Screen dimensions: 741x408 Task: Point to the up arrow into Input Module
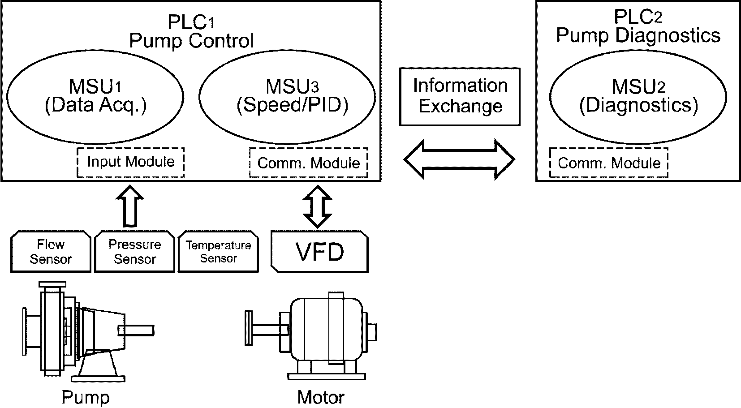pyautogui.click(x=129, y=206)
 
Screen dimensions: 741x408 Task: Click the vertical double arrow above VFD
pyautogui.click(x=317, y=206)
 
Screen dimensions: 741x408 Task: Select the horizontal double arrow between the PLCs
pyautogui.click(x=459, y=159)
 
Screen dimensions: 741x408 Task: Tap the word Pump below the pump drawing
pyautogui.click(x=86, y=397)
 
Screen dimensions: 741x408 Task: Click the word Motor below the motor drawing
pyautogui.click(x=321, y=397)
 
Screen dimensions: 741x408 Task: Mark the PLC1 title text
pyautogui.click(x=191, y=22)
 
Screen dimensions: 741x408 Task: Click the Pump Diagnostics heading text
pyautogui.click(x=638, y=35)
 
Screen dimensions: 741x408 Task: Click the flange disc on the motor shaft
pyautogui.click(x=249, y=328)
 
